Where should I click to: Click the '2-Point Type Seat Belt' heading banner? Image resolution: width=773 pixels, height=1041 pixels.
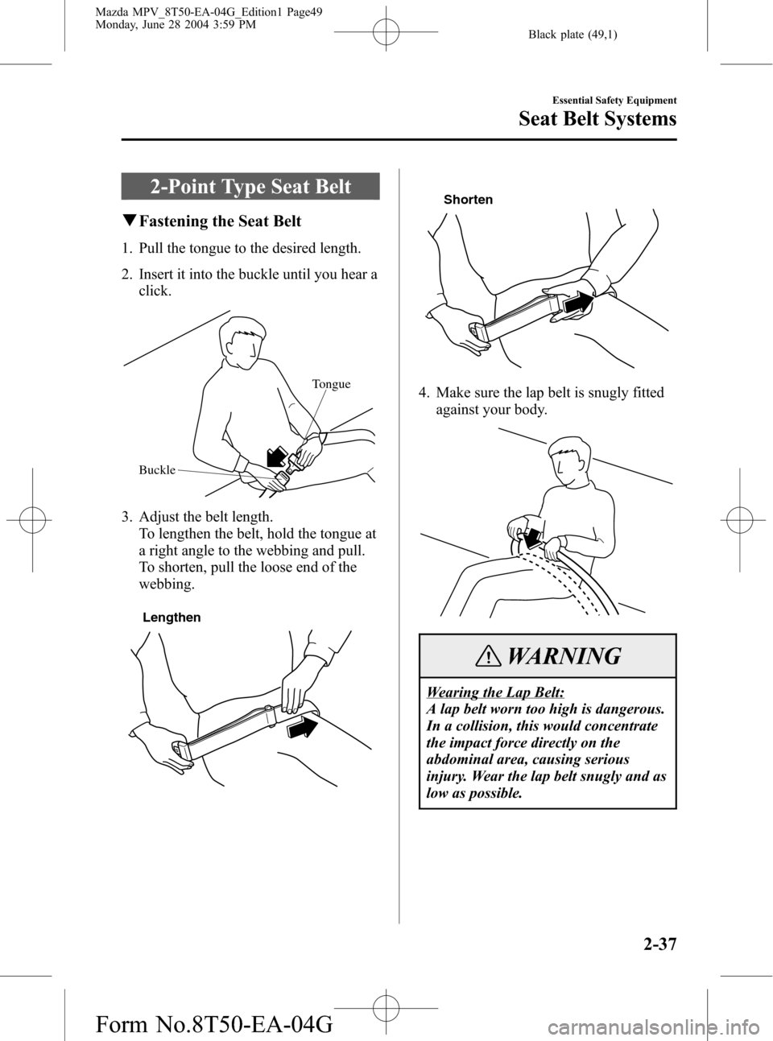click(x=250, y=188)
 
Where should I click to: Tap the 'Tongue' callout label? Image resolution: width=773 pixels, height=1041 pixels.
click(x=330, y=384)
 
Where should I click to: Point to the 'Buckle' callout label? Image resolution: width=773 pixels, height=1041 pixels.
click(x=156, y=469)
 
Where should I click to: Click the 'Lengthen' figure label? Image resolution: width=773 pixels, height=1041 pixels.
click(x=172, y=618)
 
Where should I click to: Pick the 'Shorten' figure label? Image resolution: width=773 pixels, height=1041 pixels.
click(x=468, y=200)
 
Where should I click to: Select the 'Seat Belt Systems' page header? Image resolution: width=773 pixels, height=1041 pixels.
click(x=598, y=119)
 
